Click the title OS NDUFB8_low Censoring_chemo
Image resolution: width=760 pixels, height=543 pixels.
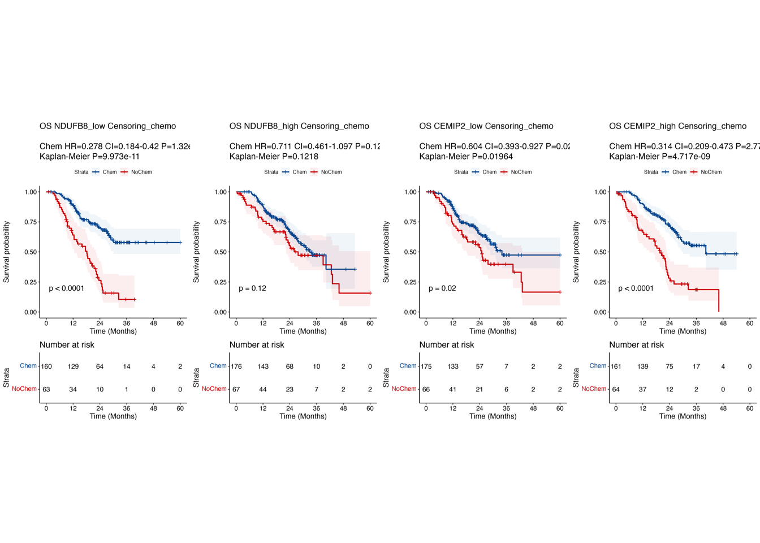pyautogui.click(x=107, y=126)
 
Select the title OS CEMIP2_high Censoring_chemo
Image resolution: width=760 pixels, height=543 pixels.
pyautogui.click(x=677, y=126)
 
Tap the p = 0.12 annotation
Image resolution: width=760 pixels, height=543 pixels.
pyautogui.click(x=252, y=288)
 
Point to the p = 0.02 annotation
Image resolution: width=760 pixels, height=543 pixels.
pyautogui.click(x=442, y=288)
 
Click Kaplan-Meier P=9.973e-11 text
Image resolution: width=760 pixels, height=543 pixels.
pyautogui.click(x=89, y=157)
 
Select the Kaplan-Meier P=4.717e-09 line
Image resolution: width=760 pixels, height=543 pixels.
pyautogui.click(x=659, y=157)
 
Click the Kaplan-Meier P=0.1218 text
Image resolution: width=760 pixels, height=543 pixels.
pyautogui.click(x=274, y=157)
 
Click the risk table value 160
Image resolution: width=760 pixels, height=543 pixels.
pyautogui.click(x=46, y=367)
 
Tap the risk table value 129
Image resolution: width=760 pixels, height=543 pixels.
pyautogui.click(x=73, y=367)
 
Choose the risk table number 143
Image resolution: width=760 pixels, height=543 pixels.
pyautogui.click(x=263, y=367)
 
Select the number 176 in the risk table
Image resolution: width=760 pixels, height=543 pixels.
pyautogui.click(x=236, y=367)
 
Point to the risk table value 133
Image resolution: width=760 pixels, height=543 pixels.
pyautogui.click(x=453, y=367)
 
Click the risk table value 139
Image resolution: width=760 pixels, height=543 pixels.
pyautogui.click(x=642, y=367)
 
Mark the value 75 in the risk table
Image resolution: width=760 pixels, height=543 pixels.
pyautogui.click(x=670, y=367)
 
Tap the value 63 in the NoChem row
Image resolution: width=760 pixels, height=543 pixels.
pyautogui.click(x=46, y=389)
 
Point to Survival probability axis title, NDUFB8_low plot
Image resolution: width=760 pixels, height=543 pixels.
pyautogui.click(x=7, y=252)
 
